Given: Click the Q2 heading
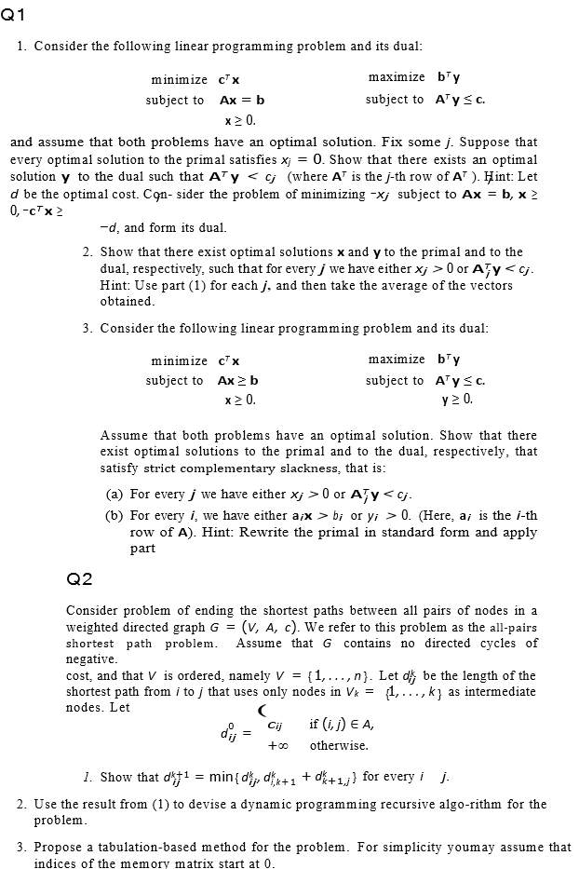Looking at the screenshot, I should click(80, 579).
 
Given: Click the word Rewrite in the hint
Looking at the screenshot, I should click(307, 533).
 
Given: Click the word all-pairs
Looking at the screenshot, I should click(510, 627).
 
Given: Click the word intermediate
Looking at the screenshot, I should click(503, 692).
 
